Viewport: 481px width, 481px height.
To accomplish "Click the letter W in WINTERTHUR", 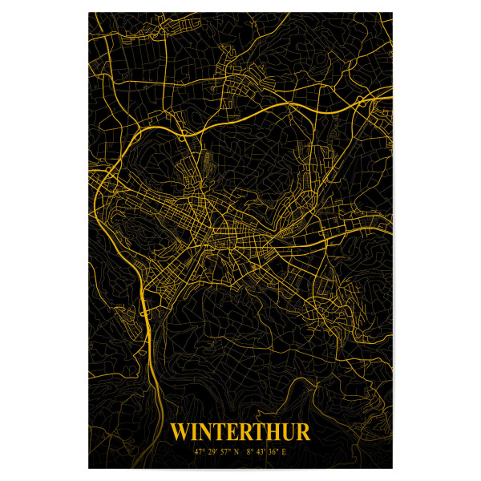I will tap(180, 433).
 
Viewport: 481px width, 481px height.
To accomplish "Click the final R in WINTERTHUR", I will tap(303, 433).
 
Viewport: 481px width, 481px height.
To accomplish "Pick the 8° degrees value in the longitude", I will tap(250, 453).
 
